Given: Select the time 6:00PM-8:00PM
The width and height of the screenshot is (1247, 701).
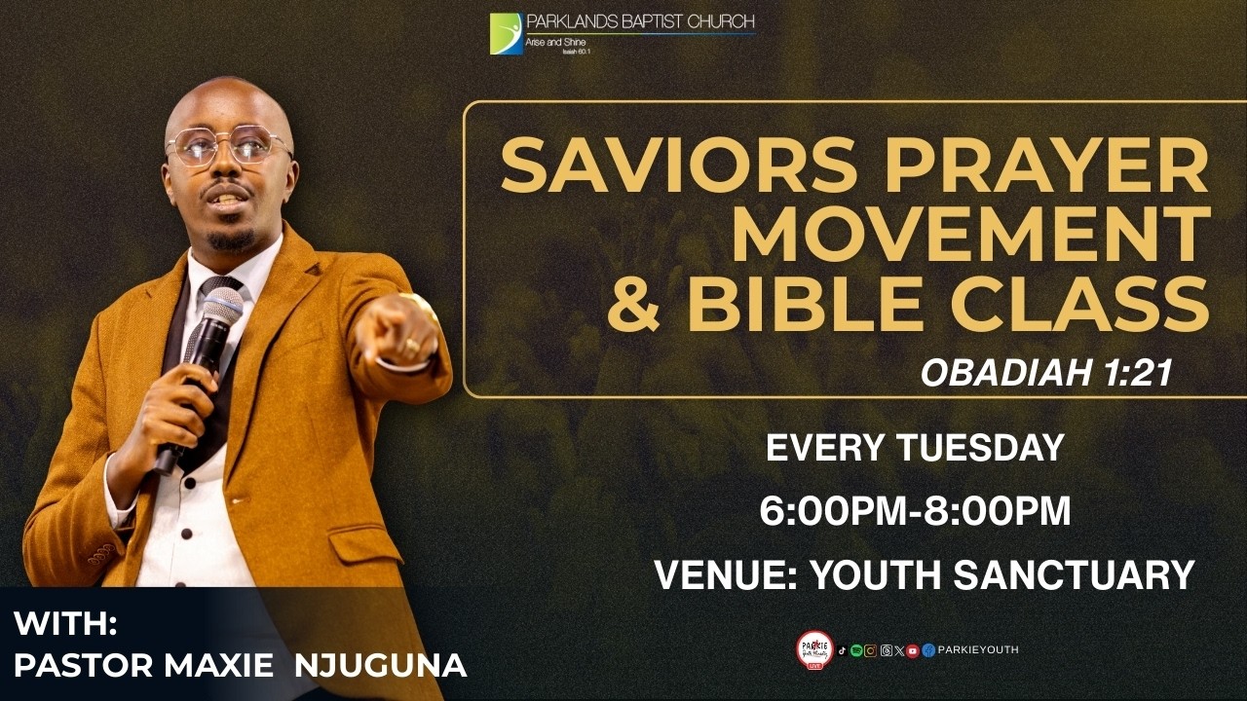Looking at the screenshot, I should point(915,512).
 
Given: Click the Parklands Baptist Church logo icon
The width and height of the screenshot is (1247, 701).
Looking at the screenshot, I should point(506,34).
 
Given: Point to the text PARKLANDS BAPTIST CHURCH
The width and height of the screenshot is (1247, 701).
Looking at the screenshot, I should point(640,21).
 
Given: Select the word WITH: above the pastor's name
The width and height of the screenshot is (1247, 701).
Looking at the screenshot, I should point(66,622).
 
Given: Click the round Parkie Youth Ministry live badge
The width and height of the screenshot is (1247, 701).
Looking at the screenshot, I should point(814,649).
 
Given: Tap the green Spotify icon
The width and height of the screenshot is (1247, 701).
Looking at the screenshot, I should point(856,650).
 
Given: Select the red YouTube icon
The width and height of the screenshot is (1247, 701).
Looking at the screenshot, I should point(913,650).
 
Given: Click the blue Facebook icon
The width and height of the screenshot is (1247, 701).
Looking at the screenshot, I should point(928,650).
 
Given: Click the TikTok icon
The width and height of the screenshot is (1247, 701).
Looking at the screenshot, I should point(842,650).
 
